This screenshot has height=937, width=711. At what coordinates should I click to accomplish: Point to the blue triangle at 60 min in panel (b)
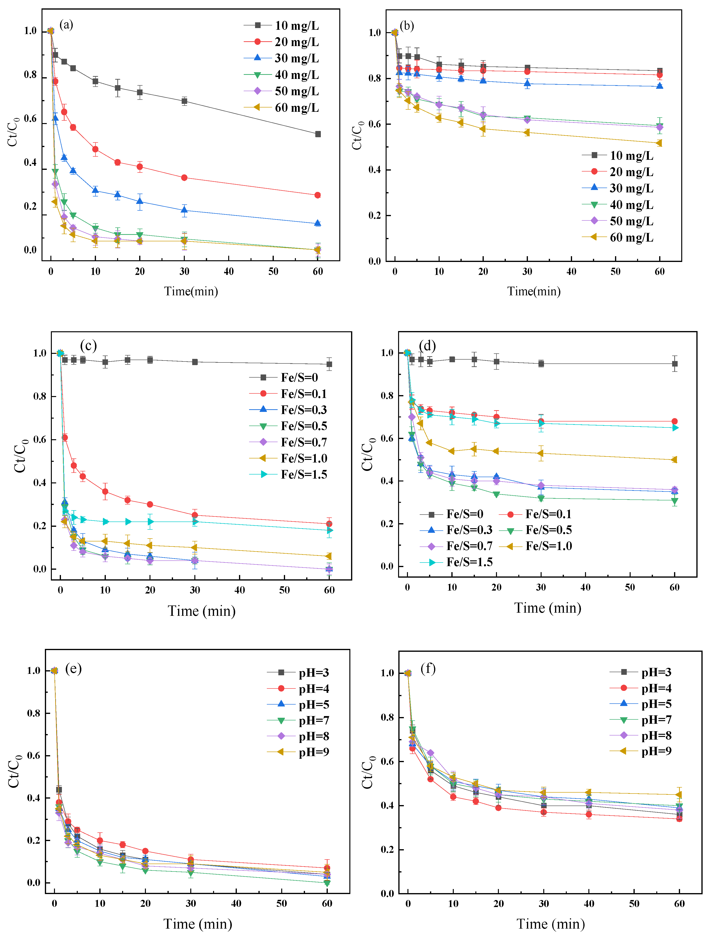pyautogui.click(x=660, y=86)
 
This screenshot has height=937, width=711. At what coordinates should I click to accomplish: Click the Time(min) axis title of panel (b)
pyautogui.click(x=534, y=291)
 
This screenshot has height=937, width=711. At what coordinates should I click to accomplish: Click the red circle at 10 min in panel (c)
pyautogui.click(x=105, y=491)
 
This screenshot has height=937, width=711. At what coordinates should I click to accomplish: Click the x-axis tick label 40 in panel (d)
pyautogui.click(x=585, y=587)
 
